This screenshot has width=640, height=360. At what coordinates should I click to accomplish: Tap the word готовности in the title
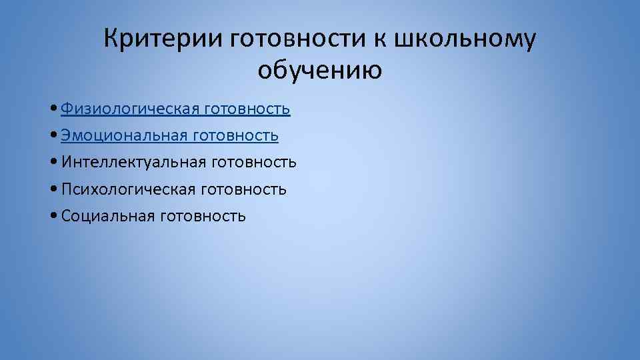[296, 39]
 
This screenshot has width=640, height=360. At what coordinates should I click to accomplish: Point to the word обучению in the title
[320, 69]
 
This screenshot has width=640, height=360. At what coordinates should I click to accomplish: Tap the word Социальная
[107, 216]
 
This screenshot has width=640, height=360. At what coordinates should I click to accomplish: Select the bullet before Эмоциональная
[53, 136]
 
